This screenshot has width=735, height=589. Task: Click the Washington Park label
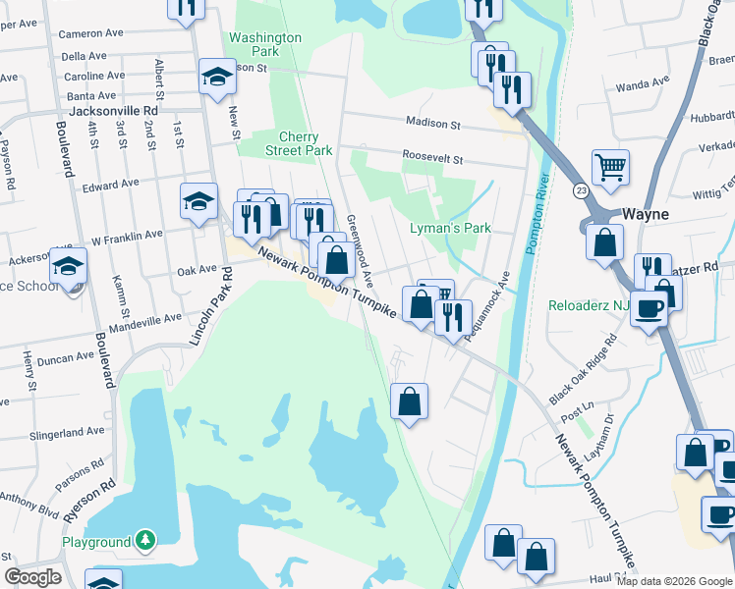pos(264,44)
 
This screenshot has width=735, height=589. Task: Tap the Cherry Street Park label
pos(299,144)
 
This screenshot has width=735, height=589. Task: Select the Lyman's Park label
pos(449,229)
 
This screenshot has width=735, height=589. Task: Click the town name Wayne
pos(645,214)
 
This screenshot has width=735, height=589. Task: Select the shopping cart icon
pos(610,167)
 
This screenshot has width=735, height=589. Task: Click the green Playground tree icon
pos(145,541)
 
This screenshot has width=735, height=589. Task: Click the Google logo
pos(32,577)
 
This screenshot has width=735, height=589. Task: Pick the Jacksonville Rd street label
pos(114,112)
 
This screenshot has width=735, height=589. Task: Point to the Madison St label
pos(434,125)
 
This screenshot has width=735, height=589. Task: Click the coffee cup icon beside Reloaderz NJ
pos(649,307)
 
